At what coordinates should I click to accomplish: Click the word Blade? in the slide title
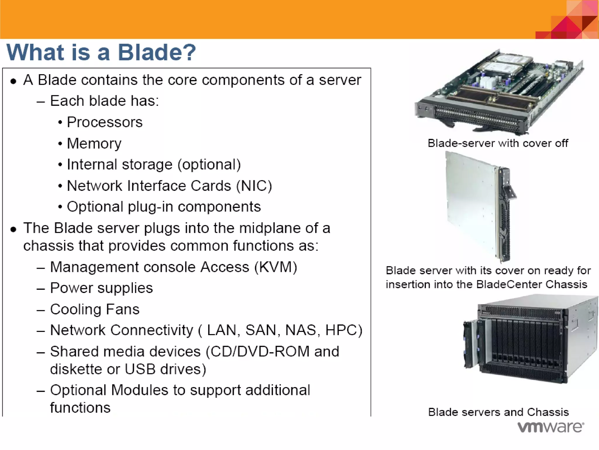[x=156, y=52]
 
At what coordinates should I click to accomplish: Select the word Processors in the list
[x=104, y=122]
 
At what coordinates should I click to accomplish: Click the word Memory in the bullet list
[x=94, y=144]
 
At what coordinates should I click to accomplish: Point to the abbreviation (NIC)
[x=254, y=186]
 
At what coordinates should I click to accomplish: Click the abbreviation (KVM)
[x=276, y=267]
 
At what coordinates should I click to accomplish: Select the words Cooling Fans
[x=95, y=309]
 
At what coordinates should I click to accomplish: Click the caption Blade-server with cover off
[x=498, y=143]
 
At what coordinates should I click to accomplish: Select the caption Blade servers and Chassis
[x=498, y=412]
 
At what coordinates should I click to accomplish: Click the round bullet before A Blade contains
[x=13, y=81]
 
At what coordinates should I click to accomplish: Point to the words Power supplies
[x=101, y=288]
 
